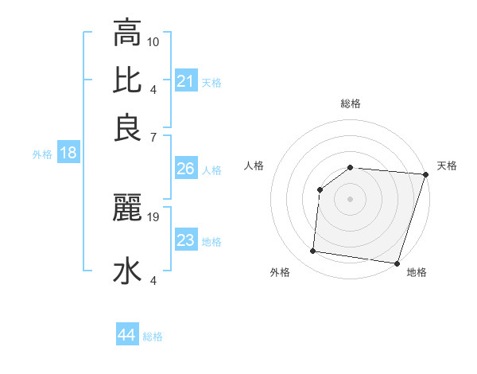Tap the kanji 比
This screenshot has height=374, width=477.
127,80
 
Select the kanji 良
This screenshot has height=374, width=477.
127,127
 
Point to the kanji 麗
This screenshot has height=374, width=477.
127,208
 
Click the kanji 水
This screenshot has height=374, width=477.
127,271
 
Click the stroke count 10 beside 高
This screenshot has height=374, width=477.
153,41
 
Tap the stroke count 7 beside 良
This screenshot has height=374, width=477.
153,138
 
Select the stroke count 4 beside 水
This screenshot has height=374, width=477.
153,280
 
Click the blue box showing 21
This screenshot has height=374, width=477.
186,80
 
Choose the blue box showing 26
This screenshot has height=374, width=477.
186,169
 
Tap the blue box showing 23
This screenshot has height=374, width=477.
186,240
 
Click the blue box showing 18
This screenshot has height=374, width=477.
68,153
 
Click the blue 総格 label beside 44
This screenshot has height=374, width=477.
153,337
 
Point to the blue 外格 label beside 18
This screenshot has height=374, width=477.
41,154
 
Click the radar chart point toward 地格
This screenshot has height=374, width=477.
396,263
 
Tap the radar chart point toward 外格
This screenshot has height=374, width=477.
313,251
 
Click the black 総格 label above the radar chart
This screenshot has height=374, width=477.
351,104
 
